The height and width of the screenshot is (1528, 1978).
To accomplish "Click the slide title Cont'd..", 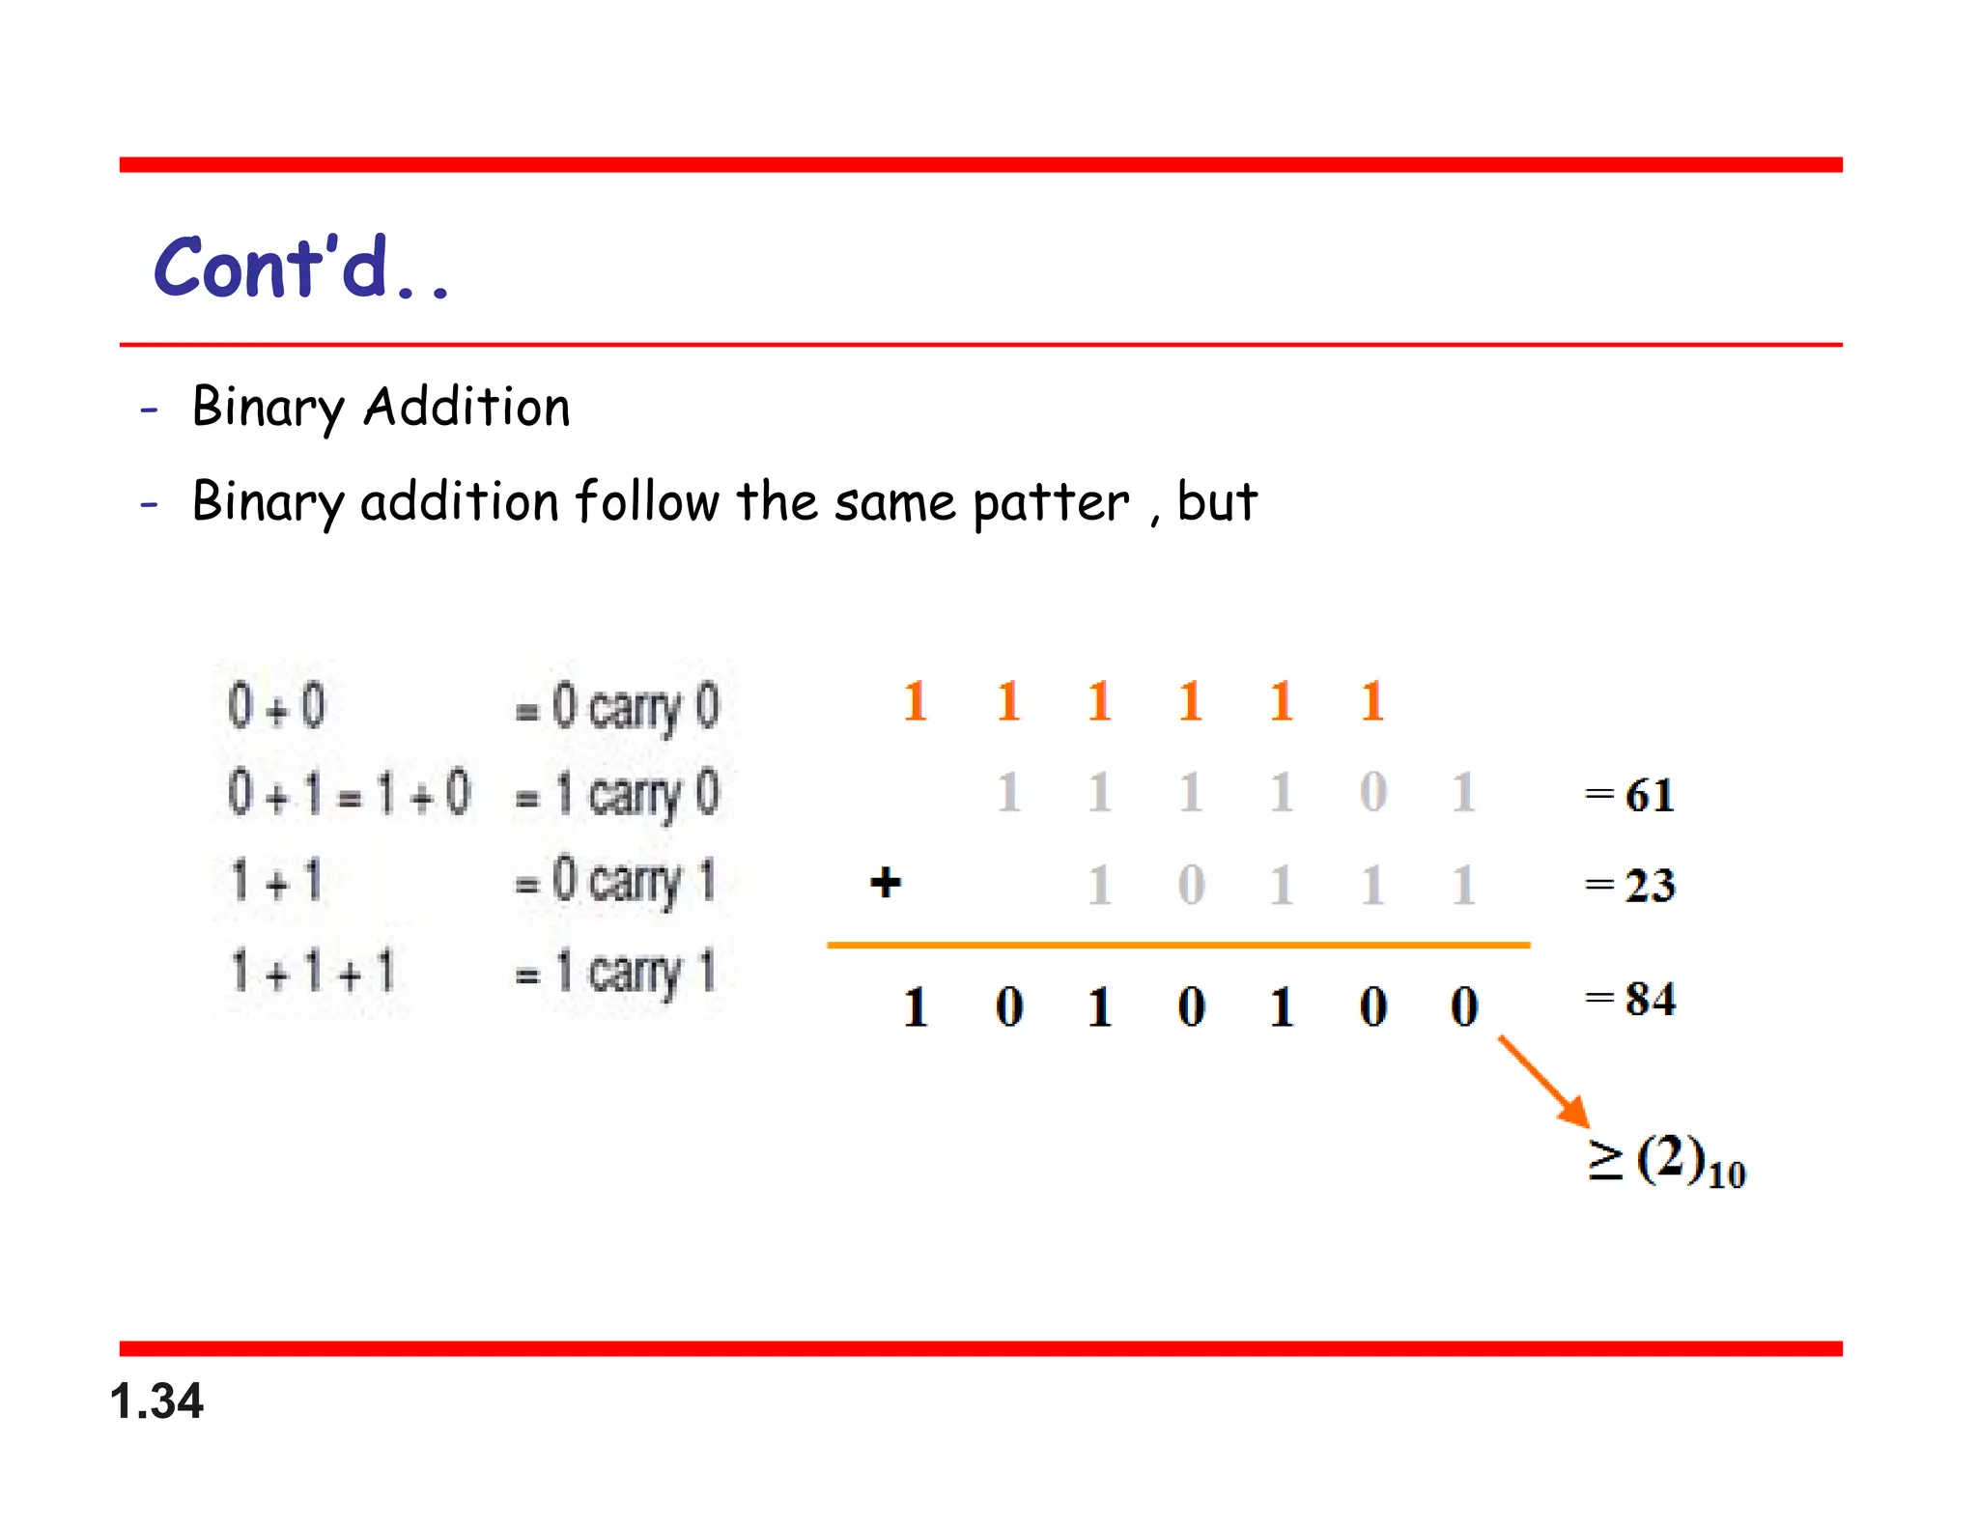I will [300, 268].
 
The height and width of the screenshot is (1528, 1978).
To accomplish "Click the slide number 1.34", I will [156, 1401].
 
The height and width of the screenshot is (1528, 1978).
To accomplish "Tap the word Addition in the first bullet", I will [466, 407].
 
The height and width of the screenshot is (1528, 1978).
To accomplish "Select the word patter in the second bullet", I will [1050, 503].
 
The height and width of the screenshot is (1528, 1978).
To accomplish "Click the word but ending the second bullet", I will [1217, 501].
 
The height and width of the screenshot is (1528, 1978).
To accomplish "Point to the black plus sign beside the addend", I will [885, 882].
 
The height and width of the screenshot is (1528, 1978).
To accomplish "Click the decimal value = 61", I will [1630, 795].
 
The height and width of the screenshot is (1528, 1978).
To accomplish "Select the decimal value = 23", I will [1630, 885].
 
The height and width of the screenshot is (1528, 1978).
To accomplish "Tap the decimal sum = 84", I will [1630, 999].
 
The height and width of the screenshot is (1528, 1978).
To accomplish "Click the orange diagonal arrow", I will [1542, 1080].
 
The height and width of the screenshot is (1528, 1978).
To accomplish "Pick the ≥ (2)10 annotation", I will [1666, 1162].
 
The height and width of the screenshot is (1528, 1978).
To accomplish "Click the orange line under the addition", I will [1178, 945].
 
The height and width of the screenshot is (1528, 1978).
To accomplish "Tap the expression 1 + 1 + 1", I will [313, 972].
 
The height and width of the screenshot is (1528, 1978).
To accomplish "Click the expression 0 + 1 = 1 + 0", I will [349, 794].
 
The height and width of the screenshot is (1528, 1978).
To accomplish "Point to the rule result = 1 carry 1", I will [616, 972].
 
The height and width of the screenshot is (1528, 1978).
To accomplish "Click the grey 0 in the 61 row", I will [1372, 793].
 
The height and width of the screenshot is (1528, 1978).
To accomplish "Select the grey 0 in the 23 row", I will [1191, 885].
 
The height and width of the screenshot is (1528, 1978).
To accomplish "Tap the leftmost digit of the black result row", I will [916, 1006].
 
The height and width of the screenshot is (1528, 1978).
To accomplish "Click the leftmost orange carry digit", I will [916, 701].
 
